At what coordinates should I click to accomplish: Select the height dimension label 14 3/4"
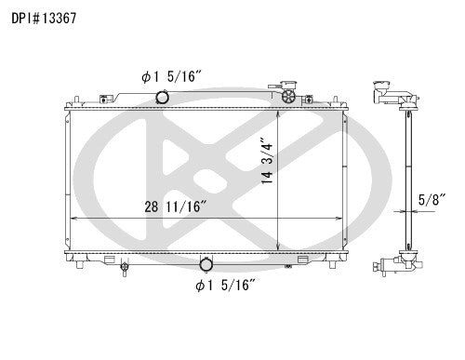click(x=268, y=170)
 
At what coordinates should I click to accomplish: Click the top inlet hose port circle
click(x=162, y=97)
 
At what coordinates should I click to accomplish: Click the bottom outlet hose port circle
click(x=206, y=263)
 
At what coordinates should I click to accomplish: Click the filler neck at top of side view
click(x=383, y=93)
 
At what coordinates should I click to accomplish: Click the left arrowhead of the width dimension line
click(x=73, y=218)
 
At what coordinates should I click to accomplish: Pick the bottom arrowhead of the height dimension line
click(x=280, y=247)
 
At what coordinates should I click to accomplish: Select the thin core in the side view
click(x=406, y=177)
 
